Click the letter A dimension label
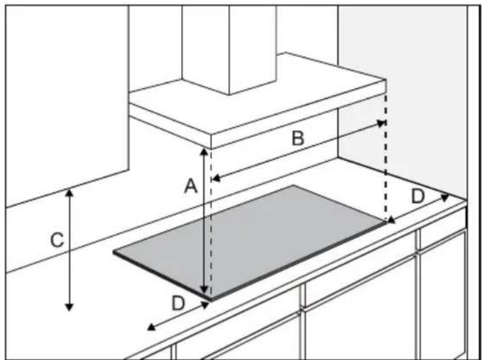(x=190, y=187)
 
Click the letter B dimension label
(x=298, y=138)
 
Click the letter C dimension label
(x=57, y=240)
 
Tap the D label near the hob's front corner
(x=179, y=304)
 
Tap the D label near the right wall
(x=418, y=196)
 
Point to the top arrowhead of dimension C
(x=69, y=193)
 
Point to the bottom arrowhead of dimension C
(x=69, y=307)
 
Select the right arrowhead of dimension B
(x=381, y=123)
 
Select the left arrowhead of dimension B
(x=216, y=178)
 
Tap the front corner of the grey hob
(x=211, y=300)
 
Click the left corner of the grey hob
(x=114, y=252)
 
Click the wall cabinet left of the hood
(x=67, y=105)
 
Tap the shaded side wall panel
(x=403, y=98)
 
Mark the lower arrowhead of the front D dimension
(x=151, y=327)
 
